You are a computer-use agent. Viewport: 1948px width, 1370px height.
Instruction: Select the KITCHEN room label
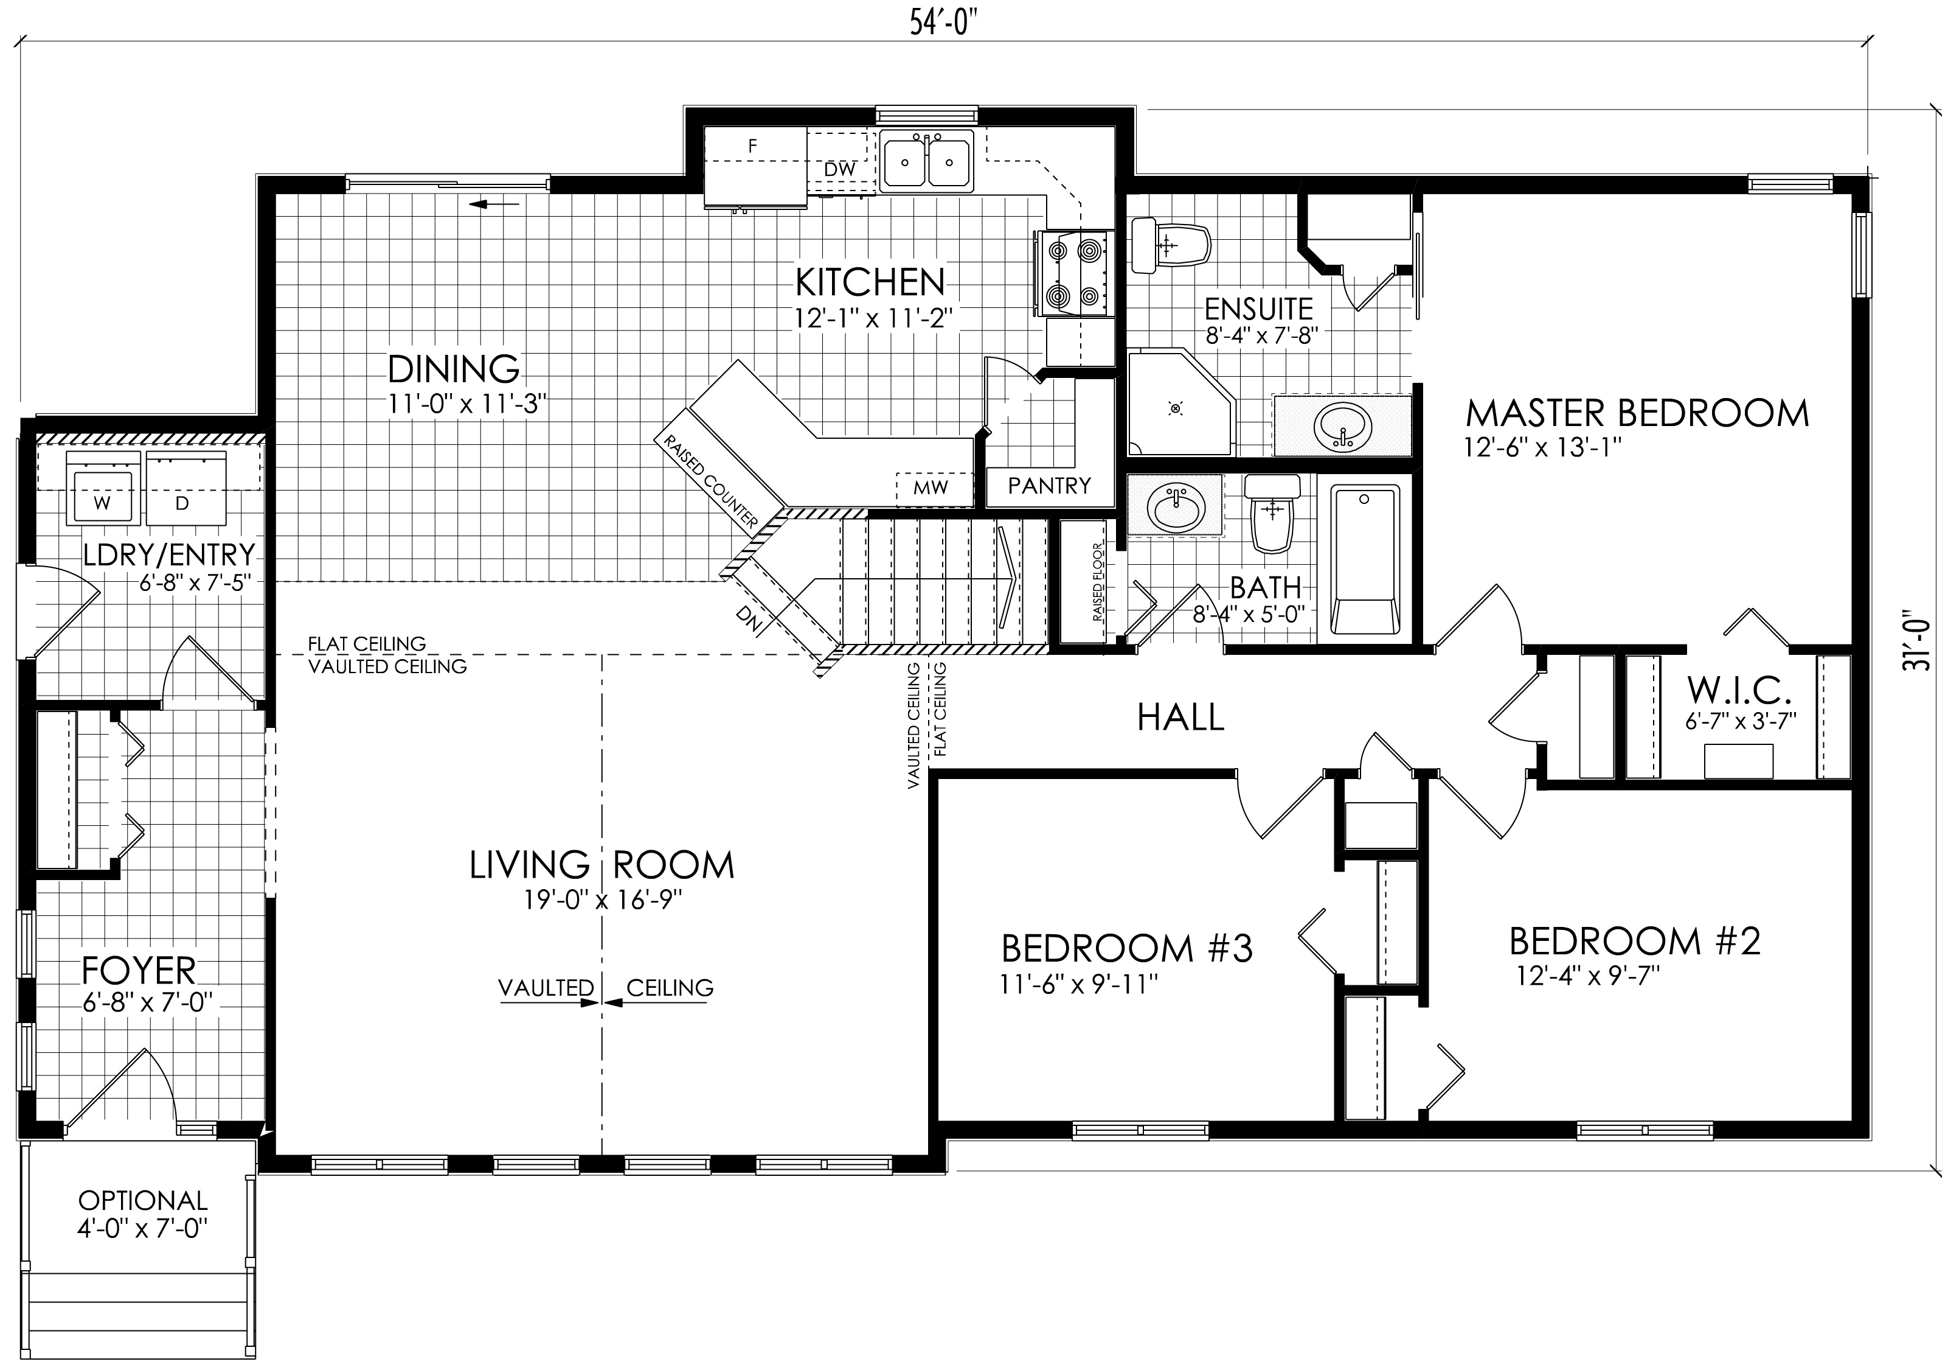click(869, 282)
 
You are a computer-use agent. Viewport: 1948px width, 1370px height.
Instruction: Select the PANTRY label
click(1049, 486)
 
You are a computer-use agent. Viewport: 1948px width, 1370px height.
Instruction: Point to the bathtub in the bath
click(1364, 560)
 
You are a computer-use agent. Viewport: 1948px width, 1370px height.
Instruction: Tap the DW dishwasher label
click(839, 170)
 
